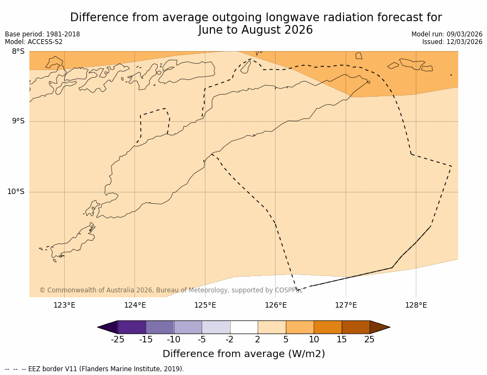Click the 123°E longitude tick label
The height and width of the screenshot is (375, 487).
click(64, 305)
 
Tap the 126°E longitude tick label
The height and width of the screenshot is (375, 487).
click(276, 305)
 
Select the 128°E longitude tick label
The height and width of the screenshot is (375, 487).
click(416, 305)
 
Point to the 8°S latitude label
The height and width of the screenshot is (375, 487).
click(18, 52)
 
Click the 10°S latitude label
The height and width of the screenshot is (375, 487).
click(16, 191)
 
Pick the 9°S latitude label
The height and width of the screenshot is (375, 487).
click(18, 121)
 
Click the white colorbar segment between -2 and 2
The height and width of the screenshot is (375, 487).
click(243, 327)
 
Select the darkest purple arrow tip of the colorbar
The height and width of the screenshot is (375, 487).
click(108, 327)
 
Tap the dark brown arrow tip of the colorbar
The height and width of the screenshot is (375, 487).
click(379, 327)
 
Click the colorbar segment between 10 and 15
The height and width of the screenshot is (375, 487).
click(328, 327)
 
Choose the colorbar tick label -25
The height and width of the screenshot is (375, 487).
click(117, 340)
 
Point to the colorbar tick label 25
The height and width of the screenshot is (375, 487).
click(370, 340)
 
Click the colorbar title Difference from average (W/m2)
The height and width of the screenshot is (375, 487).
click(243, 354)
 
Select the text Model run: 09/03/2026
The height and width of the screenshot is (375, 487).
click(447, 34)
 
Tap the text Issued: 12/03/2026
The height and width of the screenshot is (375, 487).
click(452, 42)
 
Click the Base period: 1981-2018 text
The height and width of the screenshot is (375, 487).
click(42, 34)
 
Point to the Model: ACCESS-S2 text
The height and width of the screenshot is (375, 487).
click(34, 42)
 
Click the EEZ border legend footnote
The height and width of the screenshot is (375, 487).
click(95, 369)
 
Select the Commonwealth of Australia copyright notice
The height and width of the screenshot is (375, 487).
click(171, 290)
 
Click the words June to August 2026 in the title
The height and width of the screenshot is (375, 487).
click(255, 30)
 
